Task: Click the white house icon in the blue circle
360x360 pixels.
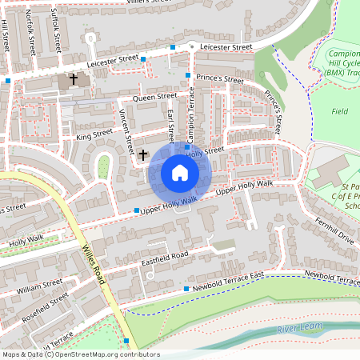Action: (180, 173)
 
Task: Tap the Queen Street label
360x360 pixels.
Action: (154, 97)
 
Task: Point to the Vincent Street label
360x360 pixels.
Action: (126, 132)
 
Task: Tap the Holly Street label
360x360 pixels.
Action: (207, 150)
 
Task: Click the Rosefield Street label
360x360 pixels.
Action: (46, 306)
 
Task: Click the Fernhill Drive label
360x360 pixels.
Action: (334, 233)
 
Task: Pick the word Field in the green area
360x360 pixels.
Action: (340, 111)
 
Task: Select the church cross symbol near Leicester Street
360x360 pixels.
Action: (74, 79)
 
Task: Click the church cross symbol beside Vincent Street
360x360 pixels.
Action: (143, 154)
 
